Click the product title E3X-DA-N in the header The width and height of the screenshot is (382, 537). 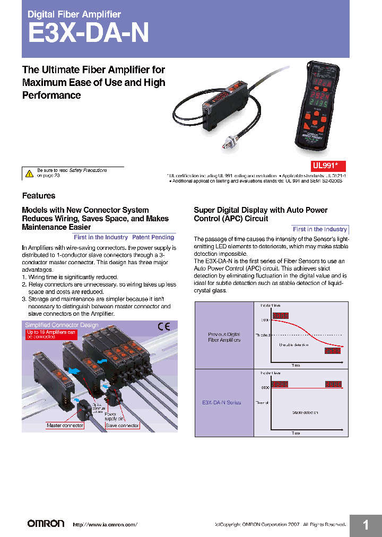pos(88,33)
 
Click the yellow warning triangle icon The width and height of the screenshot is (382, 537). pos(29,173)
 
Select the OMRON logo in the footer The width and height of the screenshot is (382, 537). pos(46,523)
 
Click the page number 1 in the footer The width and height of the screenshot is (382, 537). pos(365,525)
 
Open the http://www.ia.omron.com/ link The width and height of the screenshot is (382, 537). pos(105,524)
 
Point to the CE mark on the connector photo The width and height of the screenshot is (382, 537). pos(163,327)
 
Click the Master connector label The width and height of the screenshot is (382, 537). pos(65,426)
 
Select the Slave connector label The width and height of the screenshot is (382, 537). pos(122,426)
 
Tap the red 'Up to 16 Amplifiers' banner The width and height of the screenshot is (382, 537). pos(51,335)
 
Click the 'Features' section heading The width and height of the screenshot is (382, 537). pos(38,196)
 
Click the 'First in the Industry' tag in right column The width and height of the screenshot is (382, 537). pos(320,229)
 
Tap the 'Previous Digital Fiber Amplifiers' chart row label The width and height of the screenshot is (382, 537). pos(224,337)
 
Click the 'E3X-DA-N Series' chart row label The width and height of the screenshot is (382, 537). pos(221,403)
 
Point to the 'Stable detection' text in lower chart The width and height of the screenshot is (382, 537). pos(305,412)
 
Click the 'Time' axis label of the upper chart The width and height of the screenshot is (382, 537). pos(296,365)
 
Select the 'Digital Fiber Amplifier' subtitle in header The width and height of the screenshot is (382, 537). pos(74,14)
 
